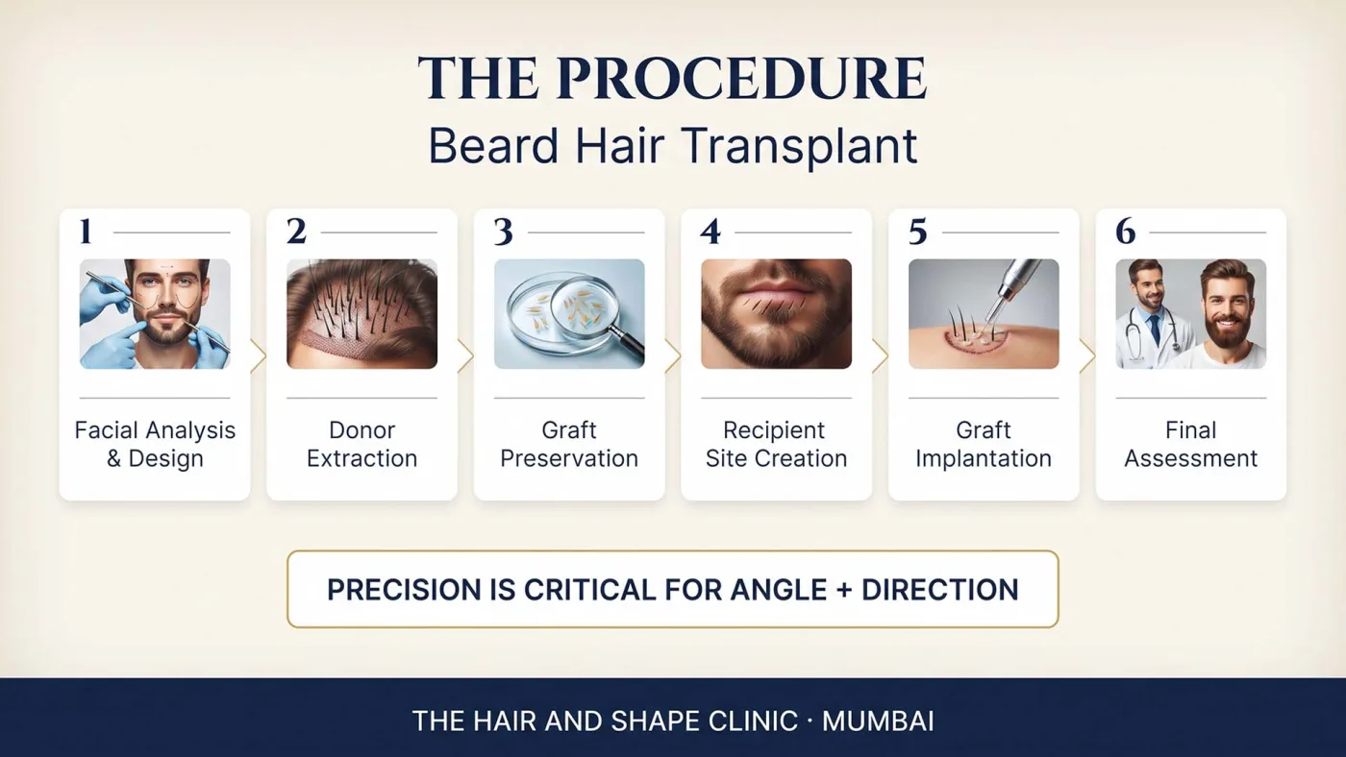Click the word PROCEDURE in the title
741,79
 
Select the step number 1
86,232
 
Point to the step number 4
710,232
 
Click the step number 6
1126,232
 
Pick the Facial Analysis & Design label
155,444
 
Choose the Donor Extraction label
361,444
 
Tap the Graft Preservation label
569,444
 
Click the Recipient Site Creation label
777,444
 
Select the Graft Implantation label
984,444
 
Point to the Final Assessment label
1191,444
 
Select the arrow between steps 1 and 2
259,356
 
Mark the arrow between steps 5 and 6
1087,356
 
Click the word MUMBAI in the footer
878,721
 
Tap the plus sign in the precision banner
844,590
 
